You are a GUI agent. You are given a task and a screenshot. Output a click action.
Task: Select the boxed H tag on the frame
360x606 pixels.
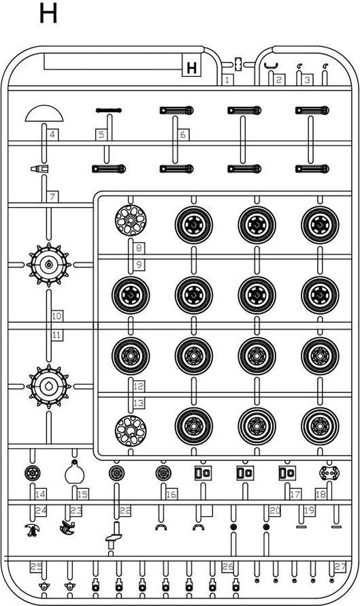(192, 67)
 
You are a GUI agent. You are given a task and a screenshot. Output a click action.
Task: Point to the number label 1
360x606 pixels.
(227, 80)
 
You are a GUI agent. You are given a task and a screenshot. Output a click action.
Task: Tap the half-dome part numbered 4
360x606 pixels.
(44, 113)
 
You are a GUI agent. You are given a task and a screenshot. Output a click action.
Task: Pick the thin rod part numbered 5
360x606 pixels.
(108, 110)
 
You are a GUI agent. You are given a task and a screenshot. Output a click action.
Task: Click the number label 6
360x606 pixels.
(182, 135)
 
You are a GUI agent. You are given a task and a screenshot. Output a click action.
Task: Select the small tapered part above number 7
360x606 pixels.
(39, 168)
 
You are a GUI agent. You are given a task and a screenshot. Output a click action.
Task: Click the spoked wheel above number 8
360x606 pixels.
(131, 220)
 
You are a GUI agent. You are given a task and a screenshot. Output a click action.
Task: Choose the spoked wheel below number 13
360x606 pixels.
(131, 430)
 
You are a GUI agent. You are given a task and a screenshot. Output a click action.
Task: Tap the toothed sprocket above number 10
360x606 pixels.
(49, 265)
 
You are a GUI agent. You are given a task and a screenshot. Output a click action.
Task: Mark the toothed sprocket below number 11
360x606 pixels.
(49, 386)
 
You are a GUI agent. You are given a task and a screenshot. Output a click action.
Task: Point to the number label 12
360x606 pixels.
(139, 385)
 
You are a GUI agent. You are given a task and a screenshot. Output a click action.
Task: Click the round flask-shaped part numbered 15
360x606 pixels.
(75, 473)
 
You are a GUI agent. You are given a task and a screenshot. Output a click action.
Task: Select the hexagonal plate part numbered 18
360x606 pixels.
(329, 473)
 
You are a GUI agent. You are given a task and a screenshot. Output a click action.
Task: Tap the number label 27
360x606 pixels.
(340, 567)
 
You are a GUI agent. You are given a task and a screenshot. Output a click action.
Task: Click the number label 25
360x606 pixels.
(36, 567)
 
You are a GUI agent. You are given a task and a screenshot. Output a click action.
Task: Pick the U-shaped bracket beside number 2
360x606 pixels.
(273, 66)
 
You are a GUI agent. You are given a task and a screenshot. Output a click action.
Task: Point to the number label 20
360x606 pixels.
(275, 511)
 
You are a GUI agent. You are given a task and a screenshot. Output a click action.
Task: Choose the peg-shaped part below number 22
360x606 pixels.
(114, 535)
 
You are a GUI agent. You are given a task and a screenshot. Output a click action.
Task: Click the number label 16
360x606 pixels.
(171, 494)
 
